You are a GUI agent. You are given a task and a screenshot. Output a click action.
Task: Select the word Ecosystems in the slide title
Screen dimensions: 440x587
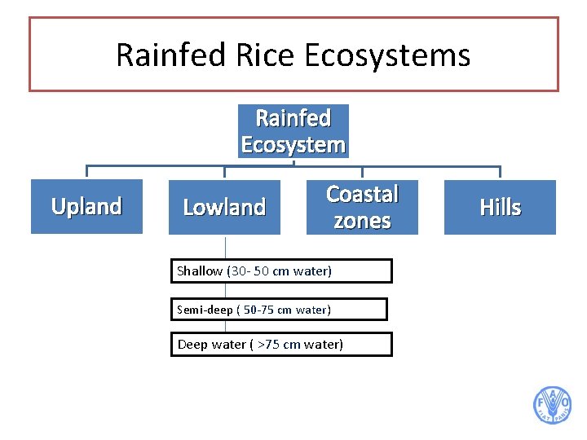click(x=387, y=55)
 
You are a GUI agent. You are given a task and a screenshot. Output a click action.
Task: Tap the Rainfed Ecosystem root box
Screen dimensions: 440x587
click(x=293, y=131)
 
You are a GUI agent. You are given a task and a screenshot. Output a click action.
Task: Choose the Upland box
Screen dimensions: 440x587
click(x=86, y=207)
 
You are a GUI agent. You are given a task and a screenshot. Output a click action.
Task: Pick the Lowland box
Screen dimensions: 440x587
click(x=224, y=208)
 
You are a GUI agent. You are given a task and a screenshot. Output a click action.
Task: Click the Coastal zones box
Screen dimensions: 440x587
click(x=362, y=207)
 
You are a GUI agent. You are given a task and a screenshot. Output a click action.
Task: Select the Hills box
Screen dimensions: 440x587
click(x=500, y=208)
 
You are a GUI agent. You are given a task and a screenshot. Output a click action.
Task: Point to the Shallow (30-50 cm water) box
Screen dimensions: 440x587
click(x=281, y=271)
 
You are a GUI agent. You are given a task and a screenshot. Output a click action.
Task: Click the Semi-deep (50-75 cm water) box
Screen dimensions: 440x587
click(x=279, y=310)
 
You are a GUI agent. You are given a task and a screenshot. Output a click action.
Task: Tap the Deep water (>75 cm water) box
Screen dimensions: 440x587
click(x=281, y=345)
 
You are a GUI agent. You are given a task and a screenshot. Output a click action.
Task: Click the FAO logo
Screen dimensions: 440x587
click(x=552, y=405)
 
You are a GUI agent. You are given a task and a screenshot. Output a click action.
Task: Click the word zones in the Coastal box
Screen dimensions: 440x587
click(x=362, y=221)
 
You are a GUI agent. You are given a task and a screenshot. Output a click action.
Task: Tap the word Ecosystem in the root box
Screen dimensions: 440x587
click(x=293, y=145)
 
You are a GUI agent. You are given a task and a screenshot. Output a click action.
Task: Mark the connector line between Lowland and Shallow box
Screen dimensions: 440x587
click(x=225, y=247)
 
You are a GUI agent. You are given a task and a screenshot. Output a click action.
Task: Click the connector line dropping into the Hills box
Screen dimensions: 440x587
click(x=500, y=173)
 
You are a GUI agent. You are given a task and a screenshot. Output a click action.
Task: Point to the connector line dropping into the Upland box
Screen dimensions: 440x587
click(x=86, y=173)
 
